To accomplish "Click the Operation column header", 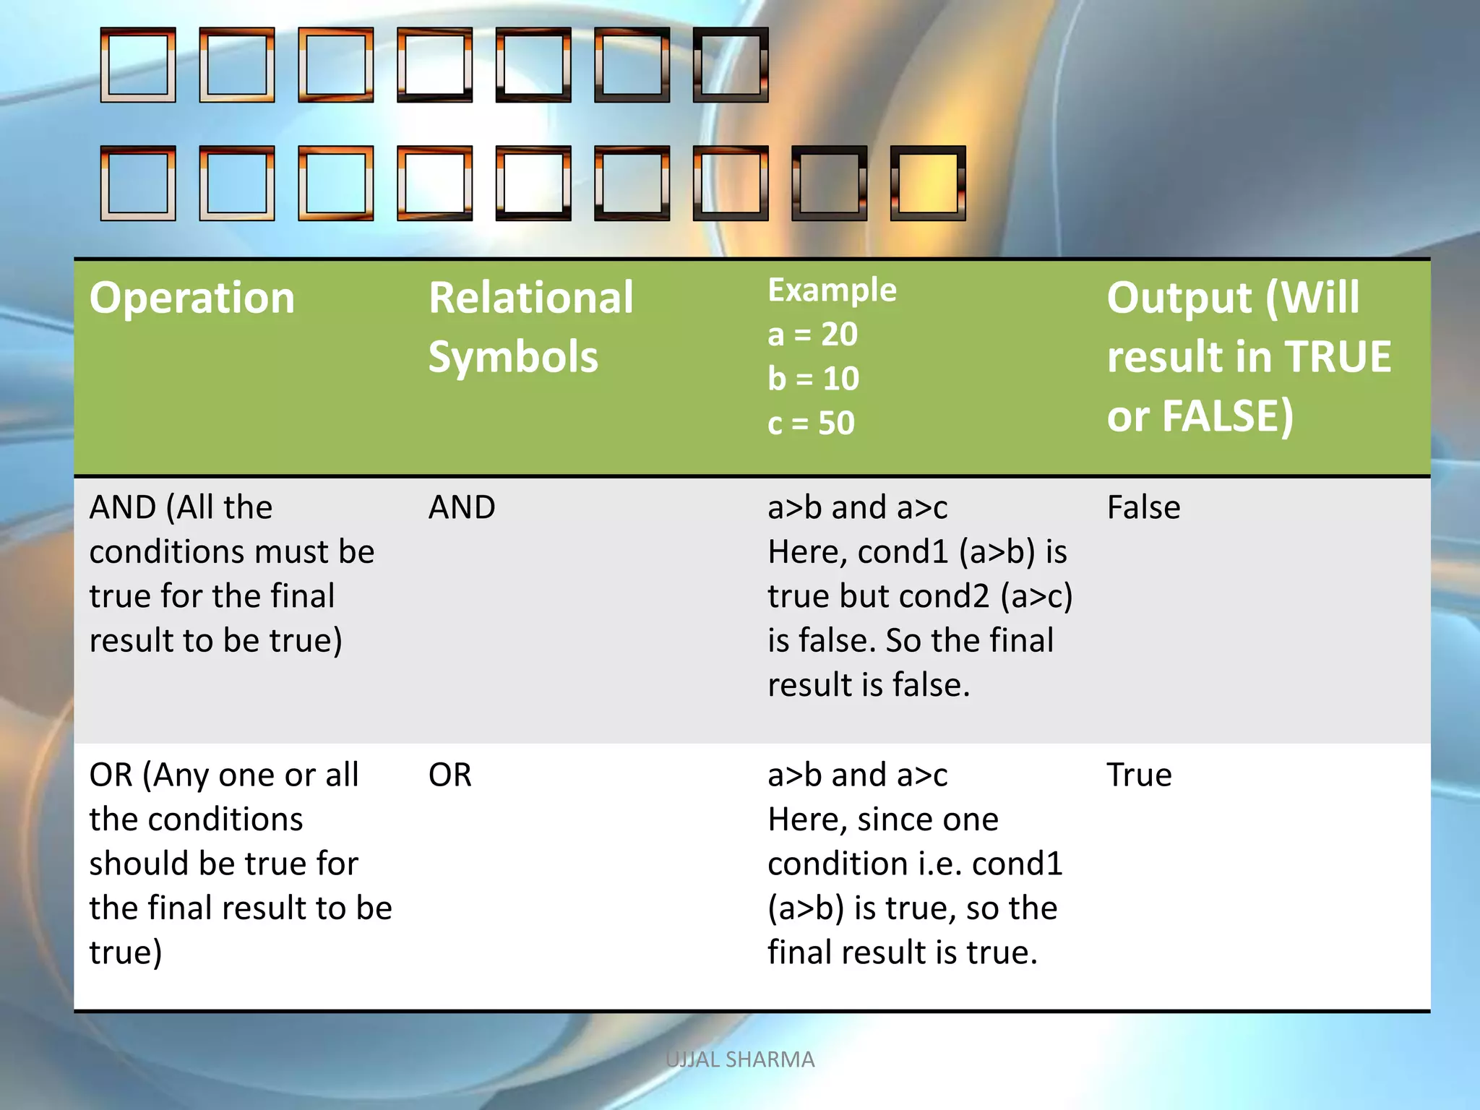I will pyautogui.click(x=192, y=298).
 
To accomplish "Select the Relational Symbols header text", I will pyautogui.click(x=530, y=327).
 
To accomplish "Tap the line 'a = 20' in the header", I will pyautogui.click(x=812, y=335).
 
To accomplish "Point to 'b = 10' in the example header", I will pyautogui.click(x=813, y=379).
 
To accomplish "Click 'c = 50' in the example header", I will pyautogui.click(x=811, y=423).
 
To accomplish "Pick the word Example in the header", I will pyautogui.click(x=832, y=290).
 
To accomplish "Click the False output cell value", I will pyautogui.click(x=1143, y=507).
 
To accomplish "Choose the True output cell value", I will pyautogui.click(x=1139, y=775).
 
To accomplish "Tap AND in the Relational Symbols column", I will pyautogui.click(x=462, y=507).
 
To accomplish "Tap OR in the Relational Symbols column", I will pyautogui.click(x=449, y=775).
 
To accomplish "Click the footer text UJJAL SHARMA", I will pyautogui.click(x=740, y=1059).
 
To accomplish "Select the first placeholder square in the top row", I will pyautogui.click(x=138, y=65).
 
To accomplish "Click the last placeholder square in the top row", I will pyautogui.click(x=731, y=65).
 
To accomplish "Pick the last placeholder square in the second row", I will pyautogui.click(x=928, y=184).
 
